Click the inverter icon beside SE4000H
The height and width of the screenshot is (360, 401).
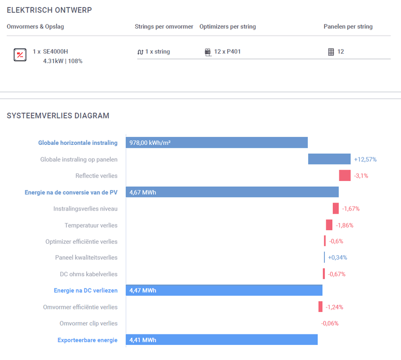point(20,55)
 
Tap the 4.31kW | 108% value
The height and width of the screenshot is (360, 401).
point(63,61)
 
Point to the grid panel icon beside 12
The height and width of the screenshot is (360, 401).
point(331,52)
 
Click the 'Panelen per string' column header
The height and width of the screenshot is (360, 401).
point(348,27)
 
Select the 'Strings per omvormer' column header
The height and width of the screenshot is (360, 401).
point(164,27)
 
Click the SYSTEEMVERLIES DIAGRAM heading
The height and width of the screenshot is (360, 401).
point(58,116)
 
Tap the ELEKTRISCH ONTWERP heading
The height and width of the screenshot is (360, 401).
point(49,10)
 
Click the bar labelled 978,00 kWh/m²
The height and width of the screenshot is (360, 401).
point(217,143)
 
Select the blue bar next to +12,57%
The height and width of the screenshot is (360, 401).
point(329,159)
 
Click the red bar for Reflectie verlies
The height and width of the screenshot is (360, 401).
point(345,175)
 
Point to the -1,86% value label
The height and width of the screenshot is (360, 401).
point(344,225)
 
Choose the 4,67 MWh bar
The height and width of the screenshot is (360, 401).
point(232,192)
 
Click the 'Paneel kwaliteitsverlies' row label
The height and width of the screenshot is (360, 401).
point(86,258)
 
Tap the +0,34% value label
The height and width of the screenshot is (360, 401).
point(337,258)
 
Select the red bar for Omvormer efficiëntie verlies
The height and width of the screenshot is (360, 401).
point(320,307)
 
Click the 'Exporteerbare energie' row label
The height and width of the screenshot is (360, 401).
point(87,340)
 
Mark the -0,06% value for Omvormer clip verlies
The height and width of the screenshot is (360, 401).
point(329,323)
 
